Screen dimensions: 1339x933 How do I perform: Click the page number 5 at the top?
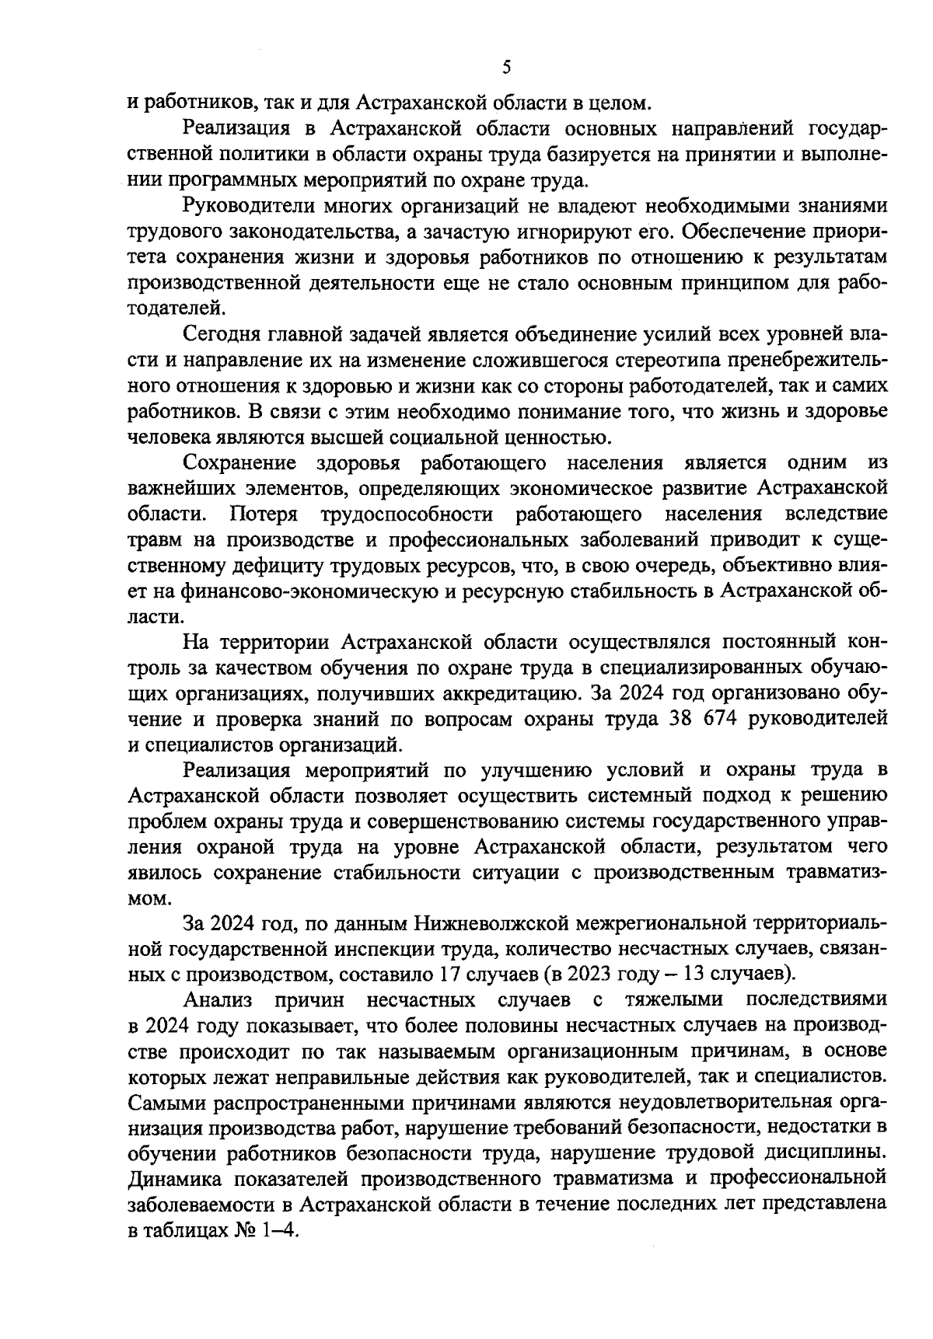(x=506, y=68)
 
